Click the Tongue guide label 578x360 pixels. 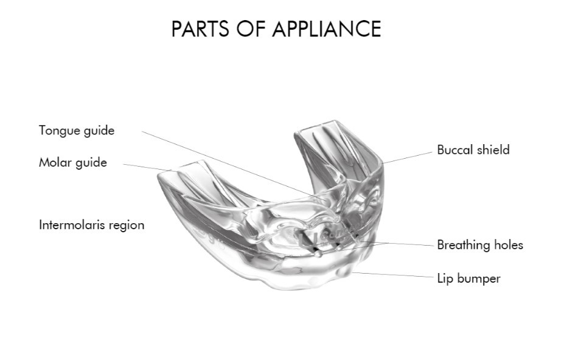click(77, 131)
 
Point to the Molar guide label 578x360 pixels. click(73, 162)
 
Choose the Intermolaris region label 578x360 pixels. click(92, 225)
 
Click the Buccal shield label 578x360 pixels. click(473, 150)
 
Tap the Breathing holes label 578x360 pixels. click(480, 245)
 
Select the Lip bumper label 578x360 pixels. click(468, 279)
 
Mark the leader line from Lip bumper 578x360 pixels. click(395, 275)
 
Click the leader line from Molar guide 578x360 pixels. click(146, 167)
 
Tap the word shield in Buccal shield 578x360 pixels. click(493, 150)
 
